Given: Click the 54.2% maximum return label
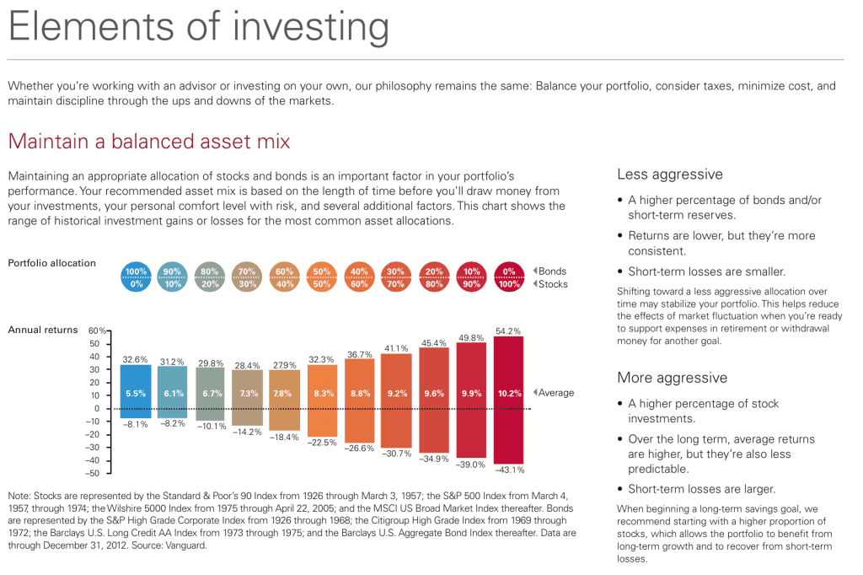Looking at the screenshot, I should (508, 330).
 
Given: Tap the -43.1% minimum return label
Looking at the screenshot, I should (508, 470).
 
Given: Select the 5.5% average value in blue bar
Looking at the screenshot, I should (136, 393).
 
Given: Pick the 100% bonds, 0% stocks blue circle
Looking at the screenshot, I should (136, 277).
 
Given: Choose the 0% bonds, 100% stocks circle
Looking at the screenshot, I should (508, 277).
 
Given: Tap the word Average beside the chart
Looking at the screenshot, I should (556, 393).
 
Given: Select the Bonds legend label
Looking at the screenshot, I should (553, 271).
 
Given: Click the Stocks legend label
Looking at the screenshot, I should (554, 284).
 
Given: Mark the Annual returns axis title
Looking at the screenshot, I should (42, 330).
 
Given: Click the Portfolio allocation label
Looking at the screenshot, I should (51, 263).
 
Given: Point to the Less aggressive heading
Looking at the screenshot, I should (670, 175).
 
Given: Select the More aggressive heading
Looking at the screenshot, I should (672, 378).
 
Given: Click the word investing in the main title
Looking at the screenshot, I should (307, 28).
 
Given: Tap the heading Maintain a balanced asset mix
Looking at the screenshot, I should (148, 141).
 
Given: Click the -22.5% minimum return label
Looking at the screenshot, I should (323, 442).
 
